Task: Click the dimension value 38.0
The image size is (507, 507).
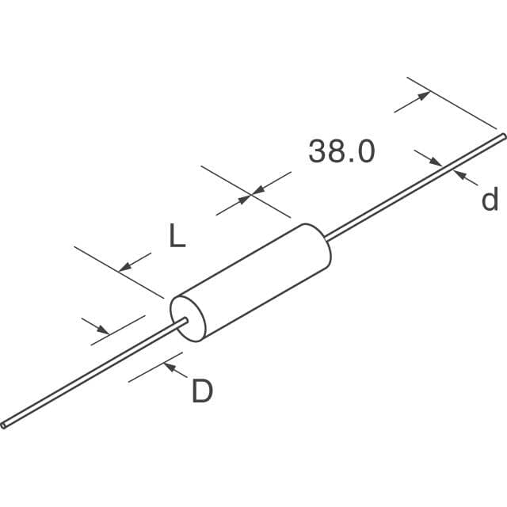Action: click(x=341, y=151)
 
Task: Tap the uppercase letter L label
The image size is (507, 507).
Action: click(x=177, y=236)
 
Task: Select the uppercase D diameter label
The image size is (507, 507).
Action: click(x=202, y=391)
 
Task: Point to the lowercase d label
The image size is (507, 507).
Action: click(x=490, y=200)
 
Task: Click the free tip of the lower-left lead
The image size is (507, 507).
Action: click(x=4, y=425)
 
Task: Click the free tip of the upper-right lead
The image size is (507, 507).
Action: click(x=501, y=137)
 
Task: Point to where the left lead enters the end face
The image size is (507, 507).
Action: click(x=185, y=321)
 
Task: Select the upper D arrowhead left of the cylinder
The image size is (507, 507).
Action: click(x=103, y=329)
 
